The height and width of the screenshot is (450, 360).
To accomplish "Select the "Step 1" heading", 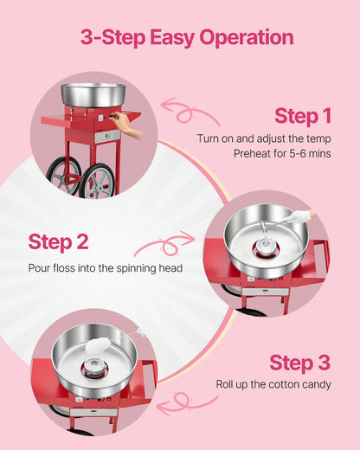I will click(x=302, y=116).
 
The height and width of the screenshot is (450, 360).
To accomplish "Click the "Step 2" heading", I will click(x=58, y=242).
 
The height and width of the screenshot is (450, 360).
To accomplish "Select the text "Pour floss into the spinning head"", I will click(x=105, y=268).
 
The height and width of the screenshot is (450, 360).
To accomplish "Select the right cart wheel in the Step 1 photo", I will click(x=100, y=179).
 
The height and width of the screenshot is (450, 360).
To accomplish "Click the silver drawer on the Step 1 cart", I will click(x=106, y=137).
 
